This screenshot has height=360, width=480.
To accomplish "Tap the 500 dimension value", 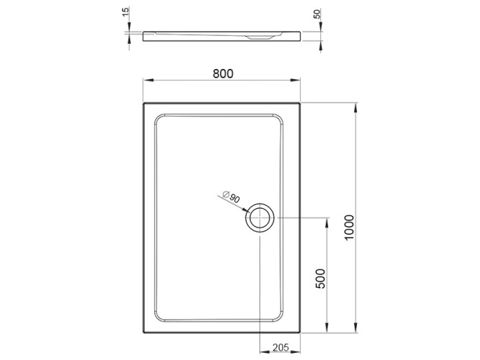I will point(322,278).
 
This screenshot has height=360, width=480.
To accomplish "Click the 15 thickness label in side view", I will point(126,13).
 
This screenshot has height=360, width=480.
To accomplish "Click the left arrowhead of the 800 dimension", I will point(146,81).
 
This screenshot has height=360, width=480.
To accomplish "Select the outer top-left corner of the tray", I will point(144,103).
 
